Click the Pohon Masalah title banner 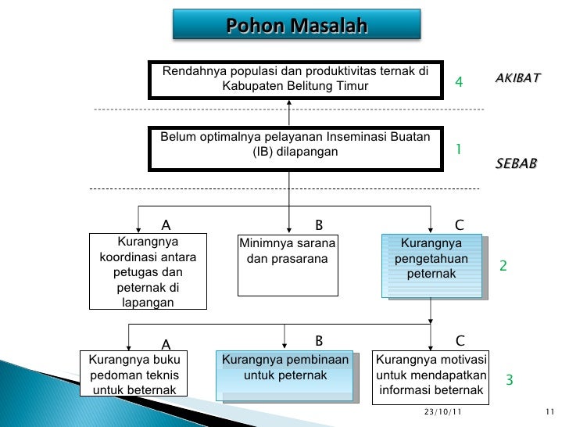coord(296,28)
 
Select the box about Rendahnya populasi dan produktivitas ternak coord(295,79)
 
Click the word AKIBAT coord(517,80)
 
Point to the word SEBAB coord(516,165)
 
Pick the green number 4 coord(459,83)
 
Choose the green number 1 coord(459,149)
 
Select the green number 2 coord(503,267)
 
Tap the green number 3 coord(509,381)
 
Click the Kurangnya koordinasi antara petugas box coord(148,271)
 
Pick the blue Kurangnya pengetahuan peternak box coord(431,266)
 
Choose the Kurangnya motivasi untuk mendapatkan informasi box coord(431,376)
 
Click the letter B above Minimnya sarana coord(318,225)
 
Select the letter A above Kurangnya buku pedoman coord(166,344)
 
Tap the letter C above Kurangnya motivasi coord(460,341)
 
